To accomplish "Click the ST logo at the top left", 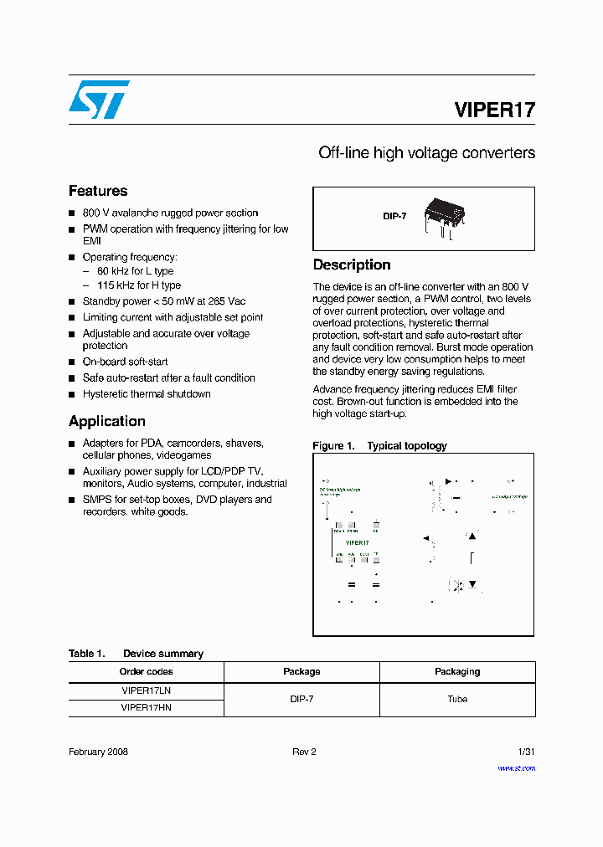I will point(99,100).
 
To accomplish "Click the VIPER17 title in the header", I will point(494,110).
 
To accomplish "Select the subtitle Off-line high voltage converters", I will point(426,153).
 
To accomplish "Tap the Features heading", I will point(98,191).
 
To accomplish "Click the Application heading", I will point(107,421).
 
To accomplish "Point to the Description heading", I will point(352,264).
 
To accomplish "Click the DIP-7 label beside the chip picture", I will point(394,216).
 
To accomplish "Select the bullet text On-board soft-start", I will point(125,362).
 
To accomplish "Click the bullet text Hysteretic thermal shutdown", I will point(147,393).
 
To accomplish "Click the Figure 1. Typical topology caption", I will point(379,446).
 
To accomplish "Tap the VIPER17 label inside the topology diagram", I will point(358,542).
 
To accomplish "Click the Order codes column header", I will point(147,671).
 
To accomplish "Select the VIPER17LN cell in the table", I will point(147,691).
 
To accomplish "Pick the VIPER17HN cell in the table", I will point(147,707).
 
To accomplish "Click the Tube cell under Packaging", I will point(457,699).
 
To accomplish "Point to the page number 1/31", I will point(526,752).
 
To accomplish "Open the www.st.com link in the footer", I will point(516,767).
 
